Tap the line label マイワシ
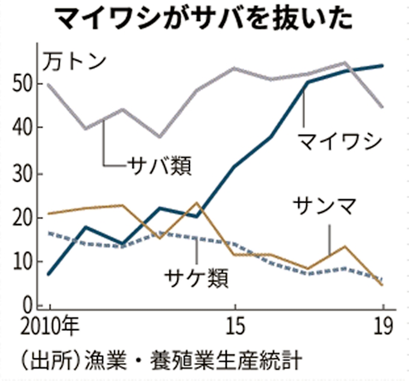tap(339, 141)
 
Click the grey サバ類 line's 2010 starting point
tap(49, 85)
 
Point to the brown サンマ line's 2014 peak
tap(197, 203)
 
